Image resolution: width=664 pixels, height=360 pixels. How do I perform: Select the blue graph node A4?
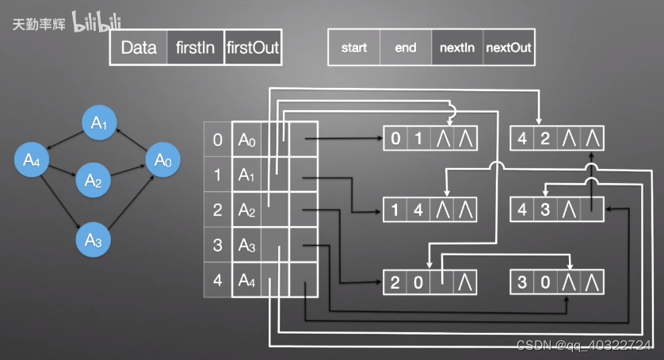click(x=32, y=160)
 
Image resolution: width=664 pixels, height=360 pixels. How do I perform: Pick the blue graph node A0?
click(x=162, y=160)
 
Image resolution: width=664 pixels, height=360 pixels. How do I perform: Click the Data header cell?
click(x=139, y=48)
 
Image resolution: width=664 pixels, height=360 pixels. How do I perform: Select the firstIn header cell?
click(x=196, y=48)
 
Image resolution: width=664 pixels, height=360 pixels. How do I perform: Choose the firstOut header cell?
click(x=253, y=48)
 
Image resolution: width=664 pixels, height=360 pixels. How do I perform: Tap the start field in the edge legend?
click(x=353, y=48)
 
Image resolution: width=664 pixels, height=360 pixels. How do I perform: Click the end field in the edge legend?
click(x=406, y=48)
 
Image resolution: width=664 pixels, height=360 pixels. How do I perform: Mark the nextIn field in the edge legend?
click(x=457, y=48)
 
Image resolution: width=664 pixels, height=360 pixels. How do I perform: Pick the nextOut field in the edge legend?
click(x=509, y=48)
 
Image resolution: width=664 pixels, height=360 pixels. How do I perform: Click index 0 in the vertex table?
click(x=218, y=140)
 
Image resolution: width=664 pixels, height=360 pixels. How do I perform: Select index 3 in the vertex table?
click(x=218, y=246)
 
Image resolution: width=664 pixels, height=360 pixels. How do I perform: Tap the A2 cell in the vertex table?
click(x=247, y=211)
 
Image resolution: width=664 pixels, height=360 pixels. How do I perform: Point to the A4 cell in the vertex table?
click(x=247, y=281)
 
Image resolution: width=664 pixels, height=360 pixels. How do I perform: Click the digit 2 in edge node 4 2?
click(x=544, y=140)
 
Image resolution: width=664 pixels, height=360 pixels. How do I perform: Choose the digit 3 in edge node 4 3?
click(x=544, y=210)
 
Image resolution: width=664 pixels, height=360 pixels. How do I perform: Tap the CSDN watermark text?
click(x=584, y=346)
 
